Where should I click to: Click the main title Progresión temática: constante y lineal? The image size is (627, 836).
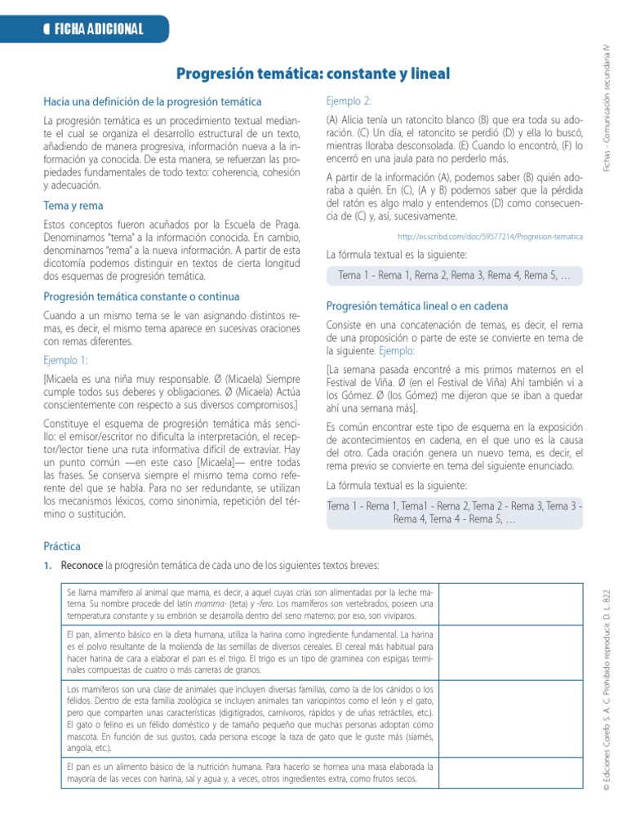pos(313,74)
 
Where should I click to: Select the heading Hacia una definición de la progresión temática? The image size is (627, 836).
pos(153,102)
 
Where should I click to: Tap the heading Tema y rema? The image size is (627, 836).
pos(73,206)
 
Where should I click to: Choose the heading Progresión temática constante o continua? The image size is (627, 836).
pos(141,296)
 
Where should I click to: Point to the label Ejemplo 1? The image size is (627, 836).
pos(65,359)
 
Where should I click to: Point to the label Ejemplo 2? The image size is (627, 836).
pos(349,101)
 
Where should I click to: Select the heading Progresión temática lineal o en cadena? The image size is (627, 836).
pos(416,306)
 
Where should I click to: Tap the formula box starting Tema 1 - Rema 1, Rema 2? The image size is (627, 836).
pos(455,276)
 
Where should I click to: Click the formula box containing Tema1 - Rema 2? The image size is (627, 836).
pos(455,512)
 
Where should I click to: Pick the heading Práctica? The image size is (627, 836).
pos(62,546)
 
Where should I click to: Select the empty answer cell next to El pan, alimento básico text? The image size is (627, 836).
pos(512,652)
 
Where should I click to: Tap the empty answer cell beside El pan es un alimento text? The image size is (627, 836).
pos(512,773)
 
